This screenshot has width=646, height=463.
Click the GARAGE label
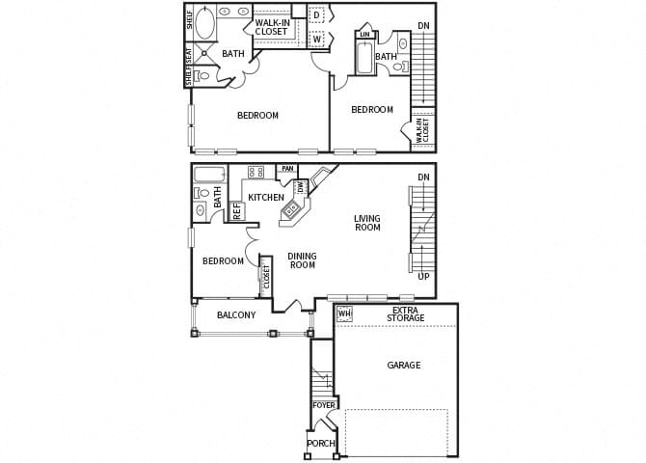[404, 366]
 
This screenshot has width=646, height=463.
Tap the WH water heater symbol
[343, 313]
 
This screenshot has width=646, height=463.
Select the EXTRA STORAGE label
[406, 313]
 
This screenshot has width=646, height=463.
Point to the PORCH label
[320, 443]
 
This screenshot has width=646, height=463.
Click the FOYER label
[323, 405]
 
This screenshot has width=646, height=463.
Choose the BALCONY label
[236, 315]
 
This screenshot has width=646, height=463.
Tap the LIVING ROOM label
[367, 223]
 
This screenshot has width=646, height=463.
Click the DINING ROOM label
[302, 260]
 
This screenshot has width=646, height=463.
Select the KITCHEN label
[265, 198]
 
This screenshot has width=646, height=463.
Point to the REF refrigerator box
[236, 211]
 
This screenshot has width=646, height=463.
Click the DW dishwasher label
[301, 187]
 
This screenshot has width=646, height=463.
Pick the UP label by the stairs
[424, 277]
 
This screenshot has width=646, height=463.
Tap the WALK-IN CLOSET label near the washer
[272, 27]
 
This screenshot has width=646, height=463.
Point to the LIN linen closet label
[364, 35]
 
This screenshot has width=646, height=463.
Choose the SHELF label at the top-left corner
[189, 20]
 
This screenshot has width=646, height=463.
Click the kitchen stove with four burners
[256, 172]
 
